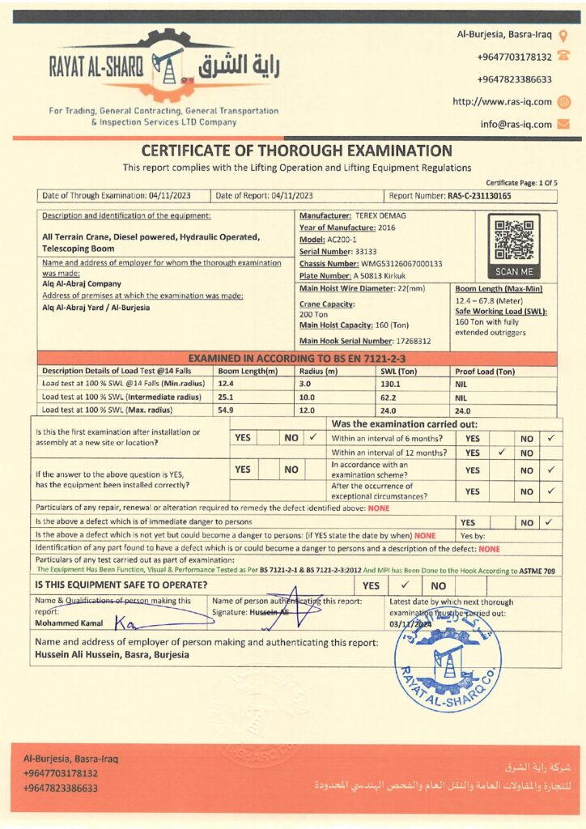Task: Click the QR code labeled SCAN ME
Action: (x=513, y=240)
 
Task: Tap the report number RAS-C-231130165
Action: (x=479, y=196)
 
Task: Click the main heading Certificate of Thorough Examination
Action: (x=296, y=151)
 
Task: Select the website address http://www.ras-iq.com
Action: (x=502, y=102)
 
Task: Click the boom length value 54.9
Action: (x=227, y=410)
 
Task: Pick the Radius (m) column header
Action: (x=318, y=371)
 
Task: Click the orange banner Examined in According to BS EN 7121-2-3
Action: (x=296, y=358)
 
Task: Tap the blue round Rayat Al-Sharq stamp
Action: (x=448, y=657)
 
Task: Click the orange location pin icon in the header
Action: (x=563, y=36)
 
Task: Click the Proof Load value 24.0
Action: (x=462, y=410)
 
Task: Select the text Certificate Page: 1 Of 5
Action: (x=521, y=183)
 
